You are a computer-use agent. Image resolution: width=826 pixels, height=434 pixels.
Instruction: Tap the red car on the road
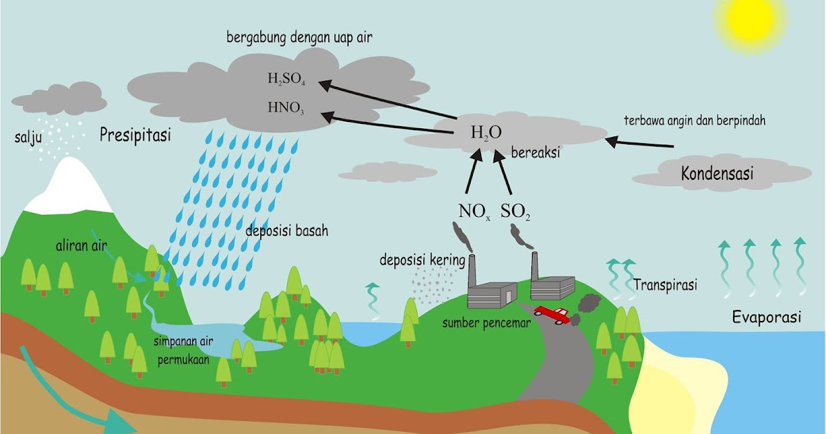(551, 314)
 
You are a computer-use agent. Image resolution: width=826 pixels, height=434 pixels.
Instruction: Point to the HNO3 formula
(286, 107)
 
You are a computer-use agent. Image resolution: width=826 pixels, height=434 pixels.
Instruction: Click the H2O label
(486, 133)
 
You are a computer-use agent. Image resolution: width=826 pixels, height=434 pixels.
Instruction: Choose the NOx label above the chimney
(474, 210)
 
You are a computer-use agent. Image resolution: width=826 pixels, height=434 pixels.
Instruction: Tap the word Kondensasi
(717, 173)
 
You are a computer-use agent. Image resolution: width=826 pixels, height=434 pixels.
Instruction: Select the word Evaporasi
(767, 318)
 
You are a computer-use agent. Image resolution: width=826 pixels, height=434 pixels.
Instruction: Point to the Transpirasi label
(665, 285)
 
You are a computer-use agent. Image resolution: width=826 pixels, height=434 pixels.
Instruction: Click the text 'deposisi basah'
(286, 231)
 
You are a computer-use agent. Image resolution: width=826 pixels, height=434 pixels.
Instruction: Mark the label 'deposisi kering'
(422, 260)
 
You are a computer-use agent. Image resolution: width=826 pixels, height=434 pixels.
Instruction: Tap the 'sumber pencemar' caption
(486, 322)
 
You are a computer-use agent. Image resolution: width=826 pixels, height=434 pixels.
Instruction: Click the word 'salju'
(25, 138)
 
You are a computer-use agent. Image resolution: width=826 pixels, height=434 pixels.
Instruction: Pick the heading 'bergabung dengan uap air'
(299, 38)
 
